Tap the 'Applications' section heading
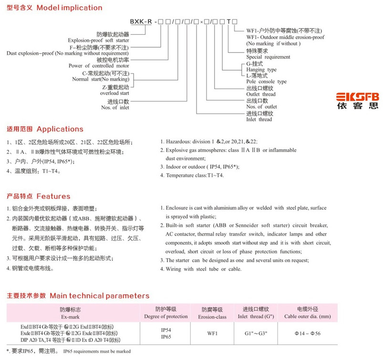pos(60,129)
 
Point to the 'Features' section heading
pos(53,196)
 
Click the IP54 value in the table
pos(166,329)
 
